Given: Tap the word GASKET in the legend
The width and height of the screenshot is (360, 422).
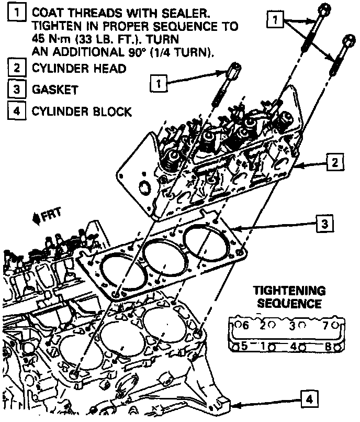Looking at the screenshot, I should pos(55,89).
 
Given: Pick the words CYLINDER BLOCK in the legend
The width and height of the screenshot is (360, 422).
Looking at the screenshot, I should pos(82,112).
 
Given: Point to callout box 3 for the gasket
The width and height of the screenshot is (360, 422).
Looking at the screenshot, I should pos(324,225).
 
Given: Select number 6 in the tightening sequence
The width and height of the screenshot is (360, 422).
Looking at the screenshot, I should pos(243,326).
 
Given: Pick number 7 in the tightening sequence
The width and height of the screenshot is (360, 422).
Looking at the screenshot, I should pos(325,326).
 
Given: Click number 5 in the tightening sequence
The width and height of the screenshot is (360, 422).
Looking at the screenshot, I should pos(243,346).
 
